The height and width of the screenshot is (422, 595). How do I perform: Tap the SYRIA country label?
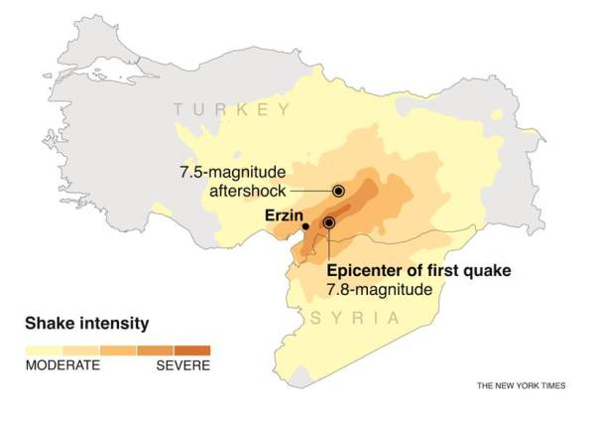click(x=355, y=318)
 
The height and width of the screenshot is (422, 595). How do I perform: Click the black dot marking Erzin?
click(x=305, y=226)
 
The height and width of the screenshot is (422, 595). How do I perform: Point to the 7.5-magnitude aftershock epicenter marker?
click(x=338, y=191)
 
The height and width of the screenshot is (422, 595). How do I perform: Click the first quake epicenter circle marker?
click(x=328, y=223)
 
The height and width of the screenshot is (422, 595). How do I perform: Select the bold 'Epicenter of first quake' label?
click(x=412, y=271)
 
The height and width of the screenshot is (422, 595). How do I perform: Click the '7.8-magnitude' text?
click(x=380, y=290)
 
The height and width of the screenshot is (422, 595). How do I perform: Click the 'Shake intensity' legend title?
click(x=86, y=323)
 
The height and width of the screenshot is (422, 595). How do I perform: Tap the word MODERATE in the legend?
click(x=62, y=365)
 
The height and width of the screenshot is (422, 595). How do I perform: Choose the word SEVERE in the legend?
click(x=183, y=365)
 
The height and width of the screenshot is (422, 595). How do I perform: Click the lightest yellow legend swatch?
click(x=44, y=350)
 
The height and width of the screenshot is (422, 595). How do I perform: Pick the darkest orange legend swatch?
click(x=192, y=350)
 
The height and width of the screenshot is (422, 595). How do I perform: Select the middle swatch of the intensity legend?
click(x=118, y=350)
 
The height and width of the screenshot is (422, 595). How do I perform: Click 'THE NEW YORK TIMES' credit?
click(x=521, y=385)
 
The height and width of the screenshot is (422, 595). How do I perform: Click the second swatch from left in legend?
click(x=80, y=350)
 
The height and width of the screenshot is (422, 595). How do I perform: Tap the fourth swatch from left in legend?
click(x=155, y=350)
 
